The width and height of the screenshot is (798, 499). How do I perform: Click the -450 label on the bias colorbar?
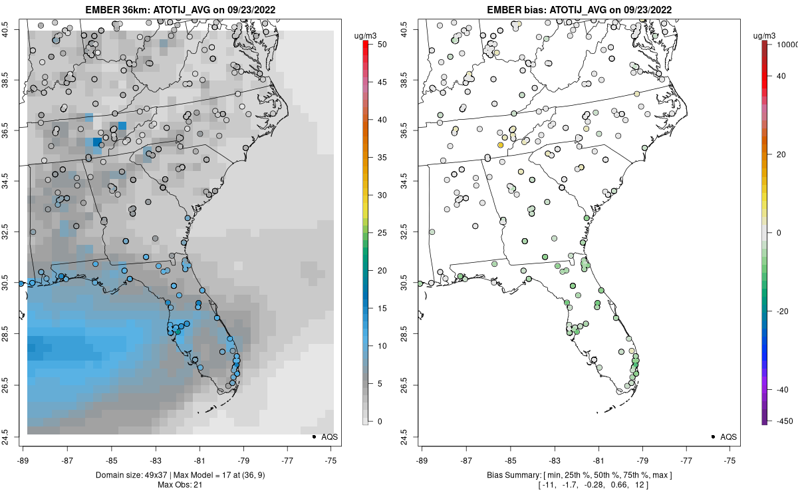pyautogui.click(x=783, y=420)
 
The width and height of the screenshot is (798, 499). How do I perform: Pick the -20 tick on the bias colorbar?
pyautogui.click(x=783, y=311)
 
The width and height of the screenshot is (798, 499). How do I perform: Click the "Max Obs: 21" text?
pyautogui.click(x=179, y=484)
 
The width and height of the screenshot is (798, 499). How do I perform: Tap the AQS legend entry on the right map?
pyautogui.click(x=724, y=437)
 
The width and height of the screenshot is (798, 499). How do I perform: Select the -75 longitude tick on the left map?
pyautogui.click(x=331, y=459)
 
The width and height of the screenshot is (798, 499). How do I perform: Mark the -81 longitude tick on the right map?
pyautogui.click(x=598, y=459)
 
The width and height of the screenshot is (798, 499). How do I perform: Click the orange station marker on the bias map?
pyautogui.click(x=500, y=144)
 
